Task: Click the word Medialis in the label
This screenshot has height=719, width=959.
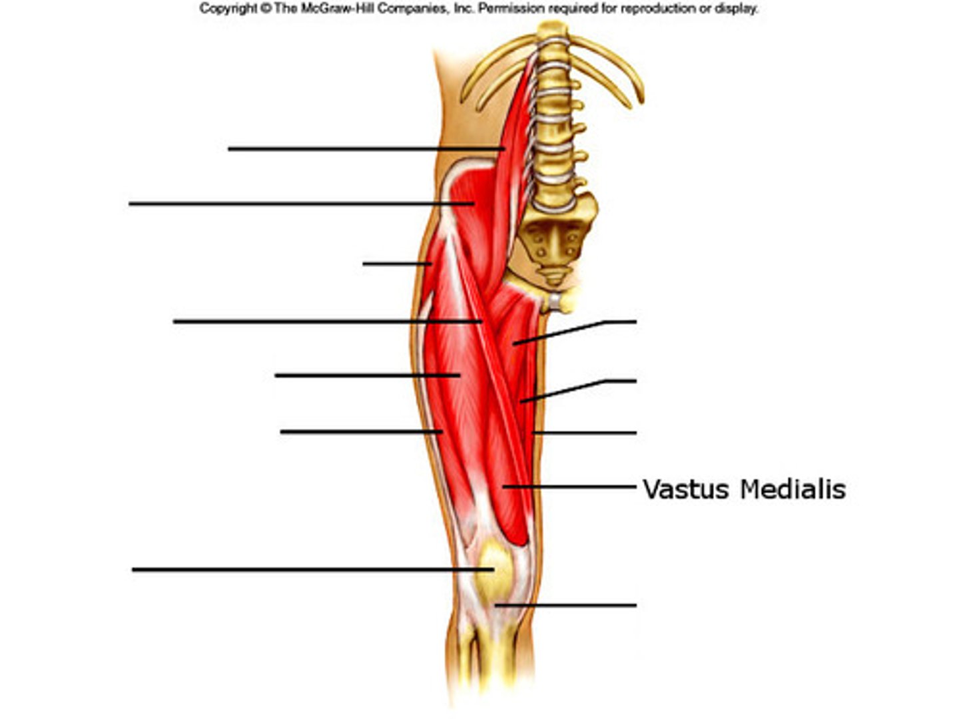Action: (x=793, y=489)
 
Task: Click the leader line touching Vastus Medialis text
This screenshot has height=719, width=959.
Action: (x=573, y=487)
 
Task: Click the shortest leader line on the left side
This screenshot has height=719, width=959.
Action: (x=396, y=264)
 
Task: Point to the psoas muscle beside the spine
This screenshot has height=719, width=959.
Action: (x=516, y=133)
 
